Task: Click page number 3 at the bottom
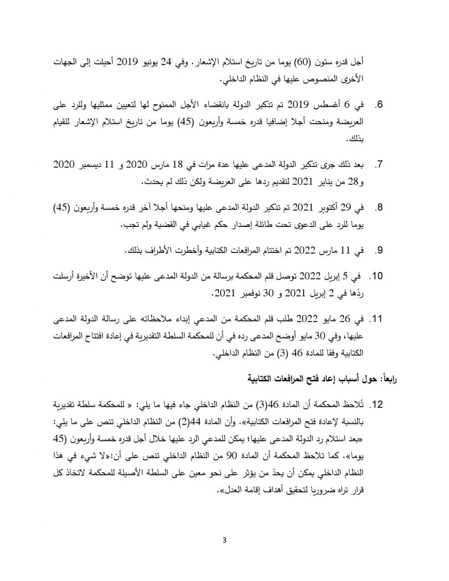coord(224,540)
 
